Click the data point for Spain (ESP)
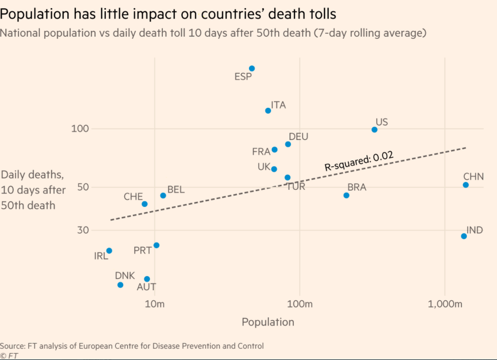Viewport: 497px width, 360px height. click(252, 69)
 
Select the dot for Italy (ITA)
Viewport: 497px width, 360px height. click(268, 110)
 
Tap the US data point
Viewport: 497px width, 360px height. click(375, 130)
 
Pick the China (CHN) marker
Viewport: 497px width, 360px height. click(466, 185)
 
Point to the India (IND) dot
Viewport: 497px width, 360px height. click(464, 236)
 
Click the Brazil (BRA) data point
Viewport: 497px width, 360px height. click(346, 195)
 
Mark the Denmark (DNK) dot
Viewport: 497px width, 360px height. click(120, 285)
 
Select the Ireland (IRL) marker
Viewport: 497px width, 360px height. click(109, 251)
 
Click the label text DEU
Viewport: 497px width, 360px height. click(298, 137)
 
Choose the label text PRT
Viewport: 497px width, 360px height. click(143, 251)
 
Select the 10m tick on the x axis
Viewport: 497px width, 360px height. click(155, 303)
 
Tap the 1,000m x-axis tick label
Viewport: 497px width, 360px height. click(444, 303)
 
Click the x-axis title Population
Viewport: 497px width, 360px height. click(268, 322)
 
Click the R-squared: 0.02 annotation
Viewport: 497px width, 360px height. click(359, 162)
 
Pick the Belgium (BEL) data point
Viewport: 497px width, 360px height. click(163, 195)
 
